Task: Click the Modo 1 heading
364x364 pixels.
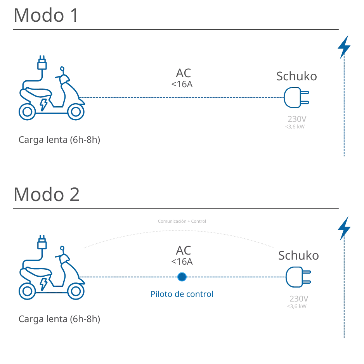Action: (45, 16)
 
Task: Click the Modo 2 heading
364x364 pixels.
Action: (46, 194)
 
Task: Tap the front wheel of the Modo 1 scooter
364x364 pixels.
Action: (75, 112)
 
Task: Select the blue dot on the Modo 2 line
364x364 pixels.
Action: (182, 277)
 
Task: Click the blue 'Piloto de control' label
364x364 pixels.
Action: (182, 294)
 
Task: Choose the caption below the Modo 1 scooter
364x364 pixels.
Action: (60, 140)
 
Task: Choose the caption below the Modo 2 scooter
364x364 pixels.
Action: (60, 319)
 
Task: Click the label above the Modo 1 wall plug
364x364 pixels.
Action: (296, 76)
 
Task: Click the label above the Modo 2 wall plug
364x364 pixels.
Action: (298, 256)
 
